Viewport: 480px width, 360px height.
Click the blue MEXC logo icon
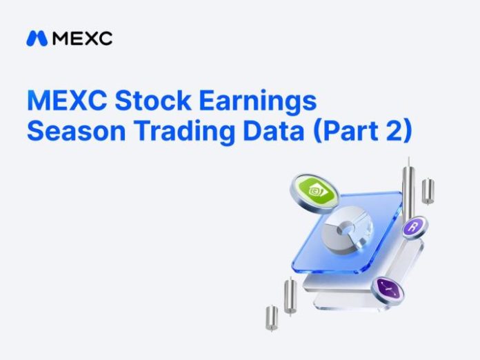[37, 39]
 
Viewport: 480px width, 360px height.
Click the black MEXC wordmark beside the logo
[82, 39]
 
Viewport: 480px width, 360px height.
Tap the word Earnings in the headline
[257, 101]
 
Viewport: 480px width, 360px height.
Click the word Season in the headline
[77, 131]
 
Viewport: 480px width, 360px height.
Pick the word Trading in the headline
[184, 132]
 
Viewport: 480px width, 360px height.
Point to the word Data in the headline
[273, 131]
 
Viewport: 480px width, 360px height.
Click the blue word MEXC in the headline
[67, 100]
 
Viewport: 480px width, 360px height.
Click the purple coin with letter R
[414, 228]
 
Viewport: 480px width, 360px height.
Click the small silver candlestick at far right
[428, 191]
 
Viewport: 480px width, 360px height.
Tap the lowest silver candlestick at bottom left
[272, 319]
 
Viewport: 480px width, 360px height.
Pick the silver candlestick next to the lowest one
[290, 296]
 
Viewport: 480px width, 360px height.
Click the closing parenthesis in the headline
[408, 132]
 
